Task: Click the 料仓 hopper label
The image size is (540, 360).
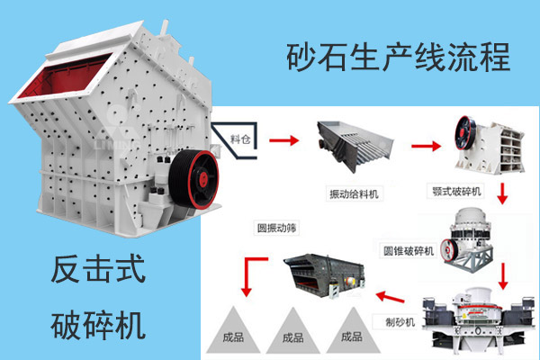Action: pyautogui.click(x=238, y=139)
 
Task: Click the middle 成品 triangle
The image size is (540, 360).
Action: pyautogui.click(x=292, y=335)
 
